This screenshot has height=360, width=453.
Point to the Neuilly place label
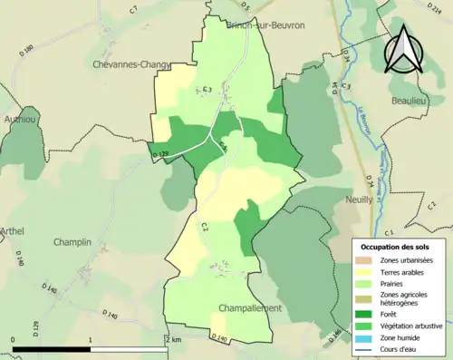click(360, 199)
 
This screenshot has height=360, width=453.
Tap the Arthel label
click(13, 231)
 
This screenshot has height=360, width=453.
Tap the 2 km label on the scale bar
click(174, 338)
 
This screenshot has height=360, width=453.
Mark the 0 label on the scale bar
click(14, 338)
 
